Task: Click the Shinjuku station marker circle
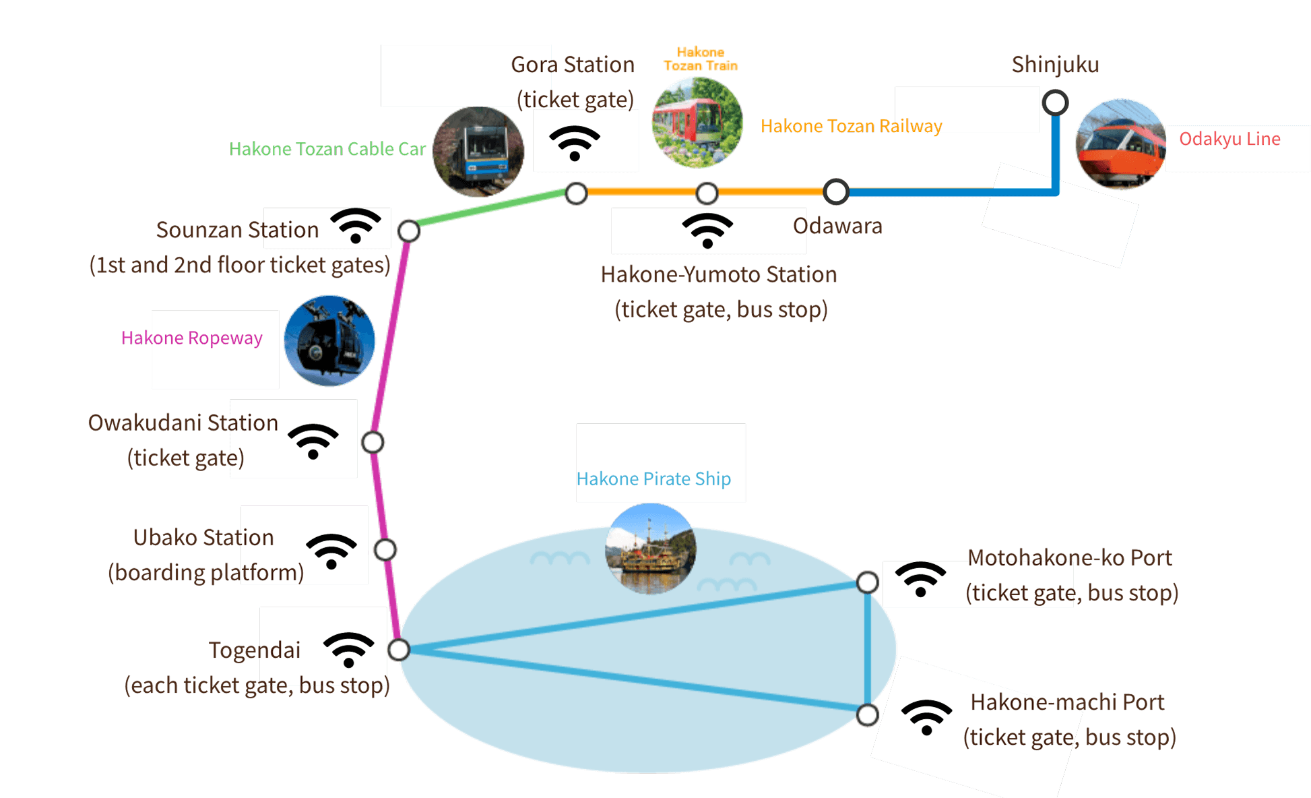coord(1055,103)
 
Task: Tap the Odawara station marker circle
coord(835,192)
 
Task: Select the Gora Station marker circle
coord(576,194)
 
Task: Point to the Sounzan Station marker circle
coord(409,231)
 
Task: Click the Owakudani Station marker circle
coord(373,442)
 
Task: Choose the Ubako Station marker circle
coord(385,550)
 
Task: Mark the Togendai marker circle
coord(399,650)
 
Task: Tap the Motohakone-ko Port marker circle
coord(868,582)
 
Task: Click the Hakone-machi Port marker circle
coord(868,714)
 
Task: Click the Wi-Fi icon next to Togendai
coord(348,649)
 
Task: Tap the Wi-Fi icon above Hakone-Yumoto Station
coord(707,231)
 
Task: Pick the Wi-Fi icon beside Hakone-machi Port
coord(926,717)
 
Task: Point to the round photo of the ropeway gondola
coord(329,341)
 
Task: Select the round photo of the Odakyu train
coord(1121,144)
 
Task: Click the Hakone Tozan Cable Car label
coord(327,149)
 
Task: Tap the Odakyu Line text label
coord(1229,140)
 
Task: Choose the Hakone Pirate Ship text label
coord(653,479)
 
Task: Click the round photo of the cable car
coord(478,152)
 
